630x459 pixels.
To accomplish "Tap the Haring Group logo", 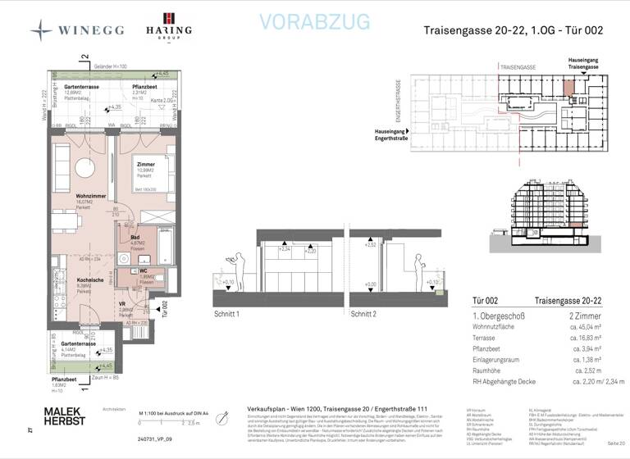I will pos(168,26).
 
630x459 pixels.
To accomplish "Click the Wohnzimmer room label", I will pos(66,197).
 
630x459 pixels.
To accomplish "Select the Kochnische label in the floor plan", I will pos(67,281).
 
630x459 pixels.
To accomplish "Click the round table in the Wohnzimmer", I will pos(84,168).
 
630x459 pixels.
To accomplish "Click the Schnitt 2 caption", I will pos(363,314).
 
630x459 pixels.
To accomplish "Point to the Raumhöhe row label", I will pos(489,370).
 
